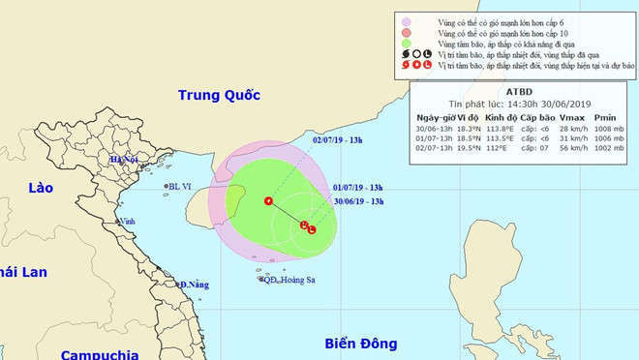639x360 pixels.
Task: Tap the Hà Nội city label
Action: tap(124, 160)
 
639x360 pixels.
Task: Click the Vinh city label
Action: tap(127, 222)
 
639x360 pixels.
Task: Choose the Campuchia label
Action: tap(98, 354)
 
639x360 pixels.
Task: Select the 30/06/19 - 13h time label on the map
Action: tap(358, 201)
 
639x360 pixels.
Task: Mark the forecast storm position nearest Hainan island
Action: tap(268, 200)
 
